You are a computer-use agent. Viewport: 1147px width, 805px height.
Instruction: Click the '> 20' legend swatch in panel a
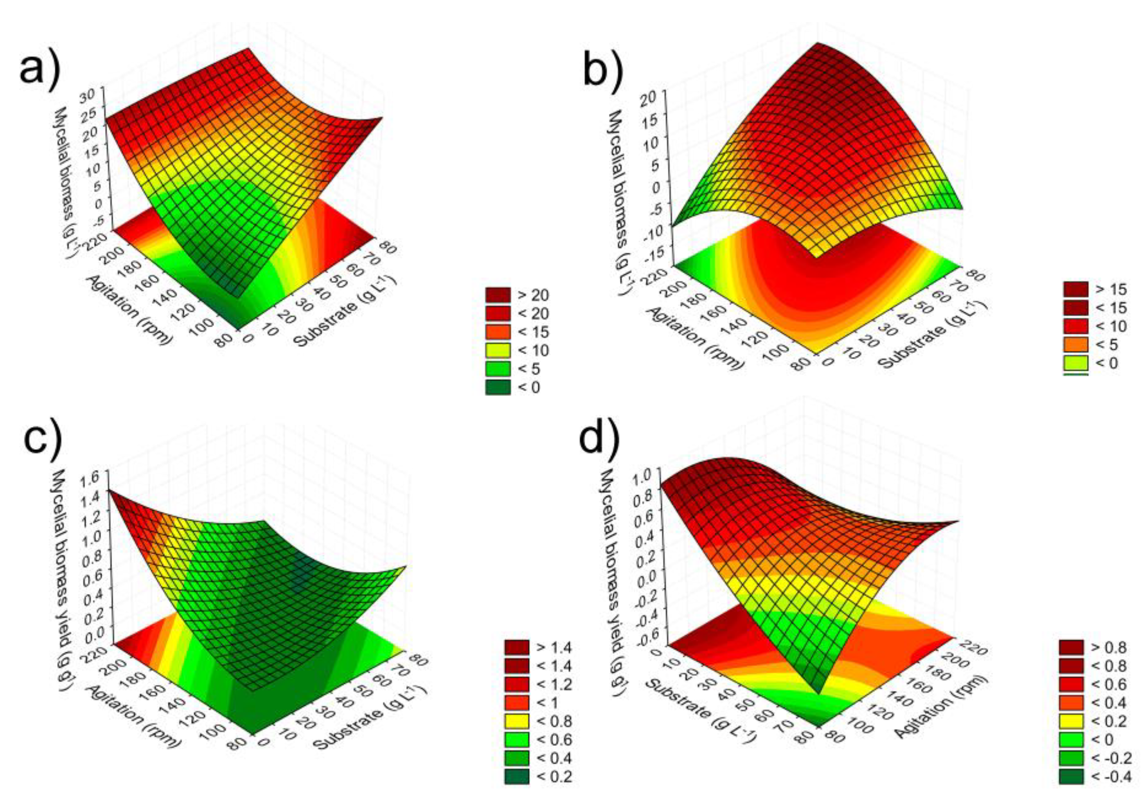click(x=498, y=295)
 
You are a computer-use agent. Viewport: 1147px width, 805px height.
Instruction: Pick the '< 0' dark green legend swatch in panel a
click(x=498, y=387)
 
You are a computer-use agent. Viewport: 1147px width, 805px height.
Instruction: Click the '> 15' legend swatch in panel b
click(x=1076, y=289)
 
